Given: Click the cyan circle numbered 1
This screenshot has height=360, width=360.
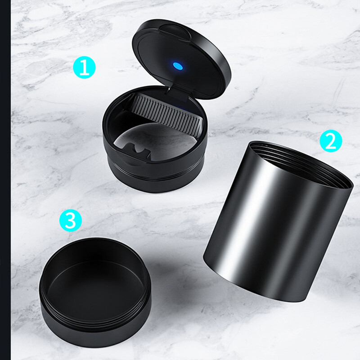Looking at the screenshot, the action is click(84, 67).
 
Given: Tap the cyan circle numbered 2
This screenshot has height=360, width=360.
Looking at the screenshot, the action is click(331, 141).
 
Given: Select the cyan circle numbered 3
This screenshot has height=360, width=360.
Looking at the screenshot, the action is click(71, 220).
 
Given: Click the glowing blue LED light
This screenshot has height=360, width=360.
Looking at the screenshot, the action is click(178, 66).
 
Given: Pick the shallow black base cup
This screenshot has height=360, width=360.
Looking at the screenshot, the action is click(95, 292).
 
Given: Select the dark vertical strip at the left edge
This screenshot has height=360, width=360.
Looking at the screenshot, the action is click(5, 180).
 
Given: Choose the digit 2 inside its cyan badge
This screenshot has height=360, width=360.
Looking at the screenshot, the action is click(331, 141).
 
